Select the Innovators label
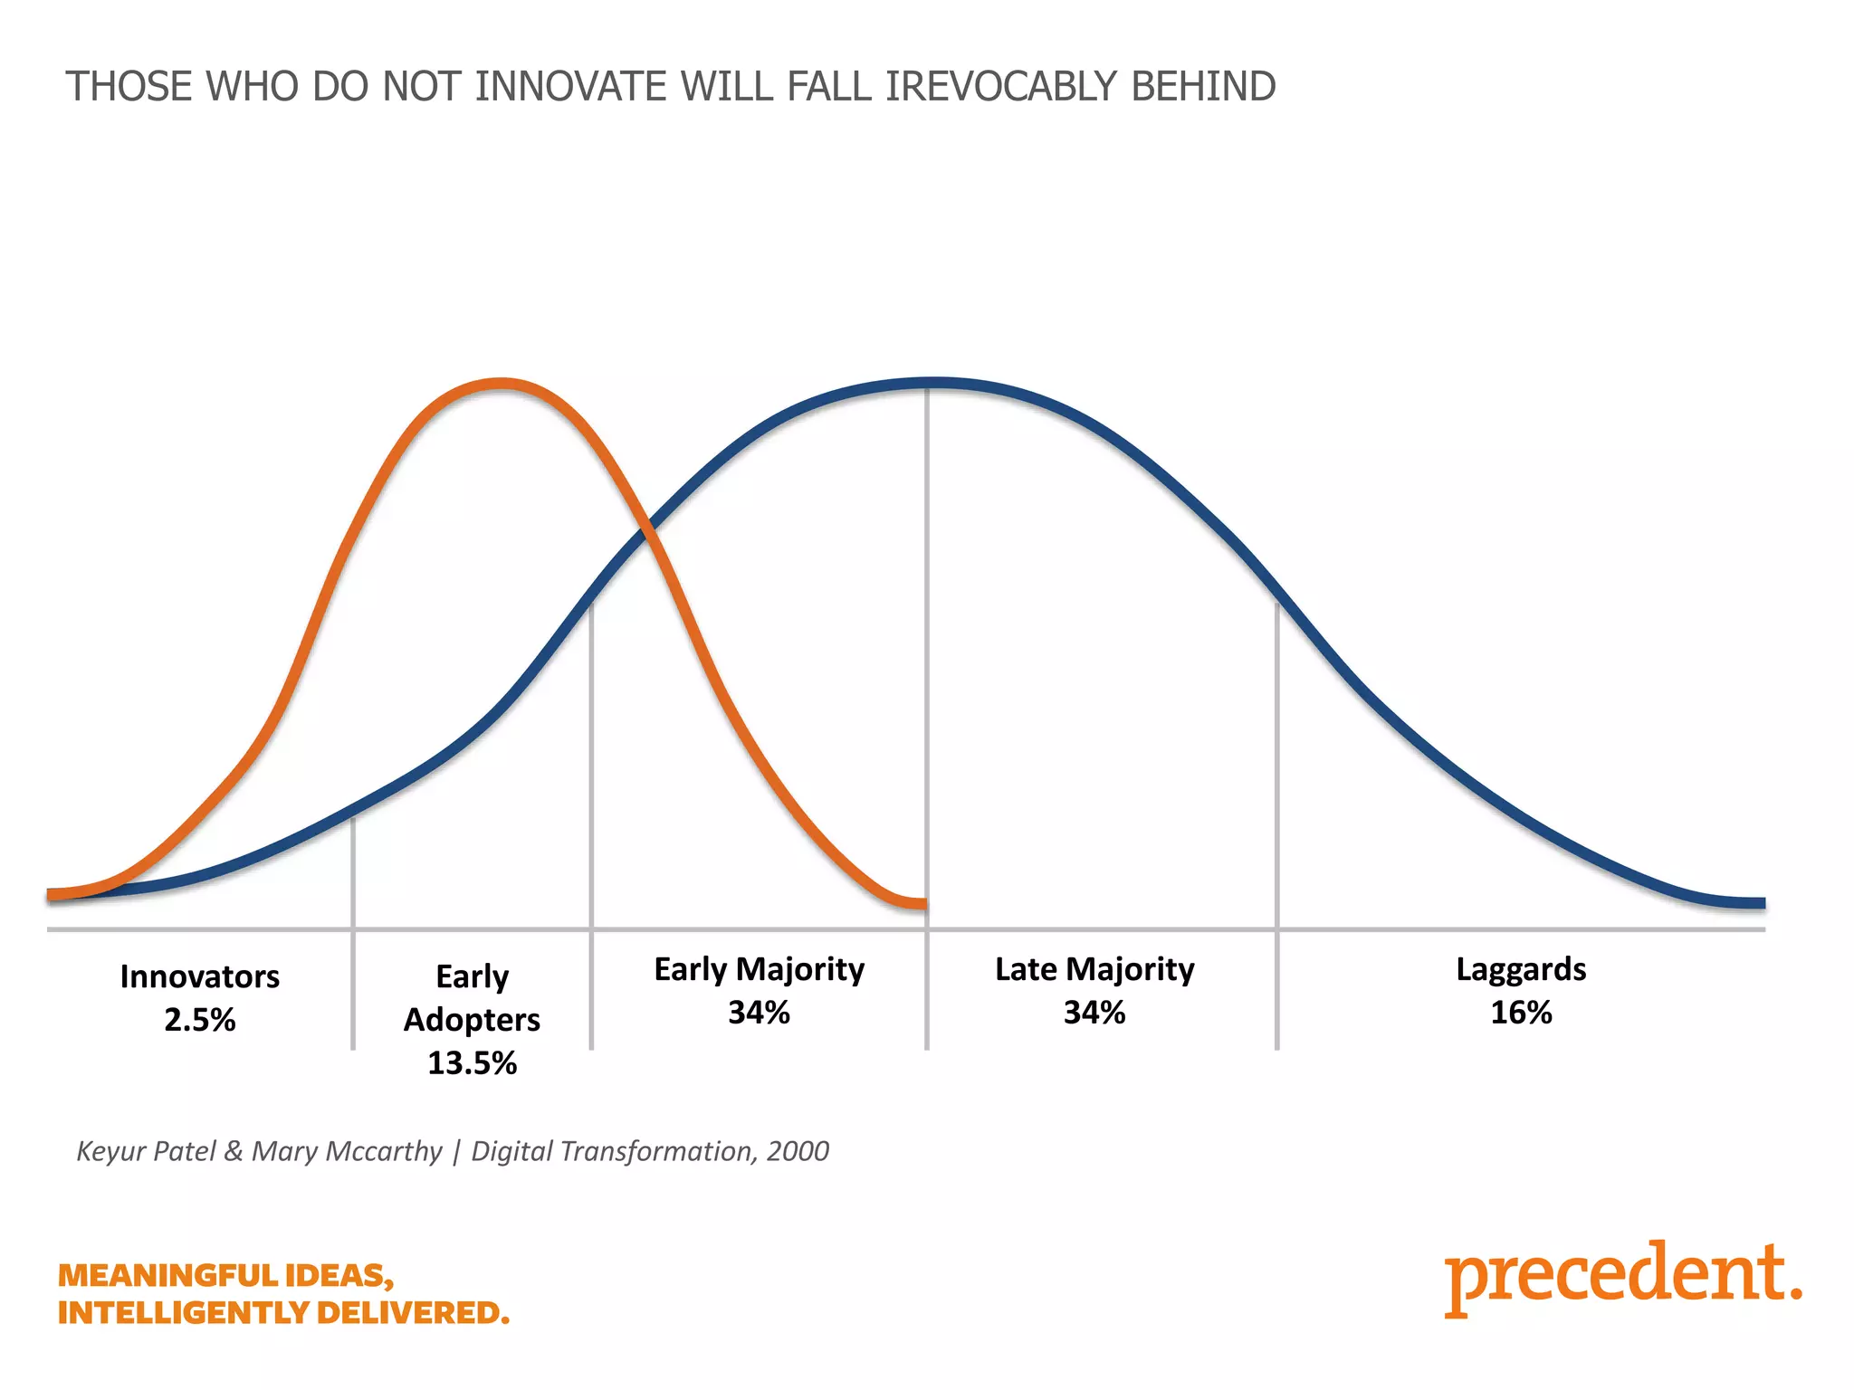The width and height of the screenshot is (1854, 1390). coord(199,976)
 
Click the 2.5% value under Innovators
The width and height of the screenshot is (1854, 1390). coord(199,1020)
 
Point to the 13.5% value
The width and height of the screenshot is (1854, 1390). coord(472,1062)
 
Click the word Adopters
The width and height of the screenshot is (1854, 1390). coord(472,1020)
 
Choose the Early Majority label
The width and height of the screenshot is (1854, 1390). coord(759,969)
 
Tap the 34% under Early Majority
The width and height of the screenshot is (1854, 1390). coord(759,1013)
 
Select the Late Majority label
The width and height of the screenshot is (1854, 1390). coord(1094,969)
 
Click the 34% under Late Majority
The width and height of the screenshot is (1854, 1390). coord(1094,1013)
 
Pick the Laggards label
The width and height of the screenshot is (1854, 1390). coord(1521,969)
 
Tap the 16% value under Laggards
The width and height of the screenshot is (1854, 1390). coord(1521,1013)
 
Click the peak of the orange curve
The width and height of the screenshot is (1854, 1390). coord(501,384)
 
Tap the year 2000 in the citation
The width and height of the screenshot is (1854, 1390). coord(798,1151)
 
